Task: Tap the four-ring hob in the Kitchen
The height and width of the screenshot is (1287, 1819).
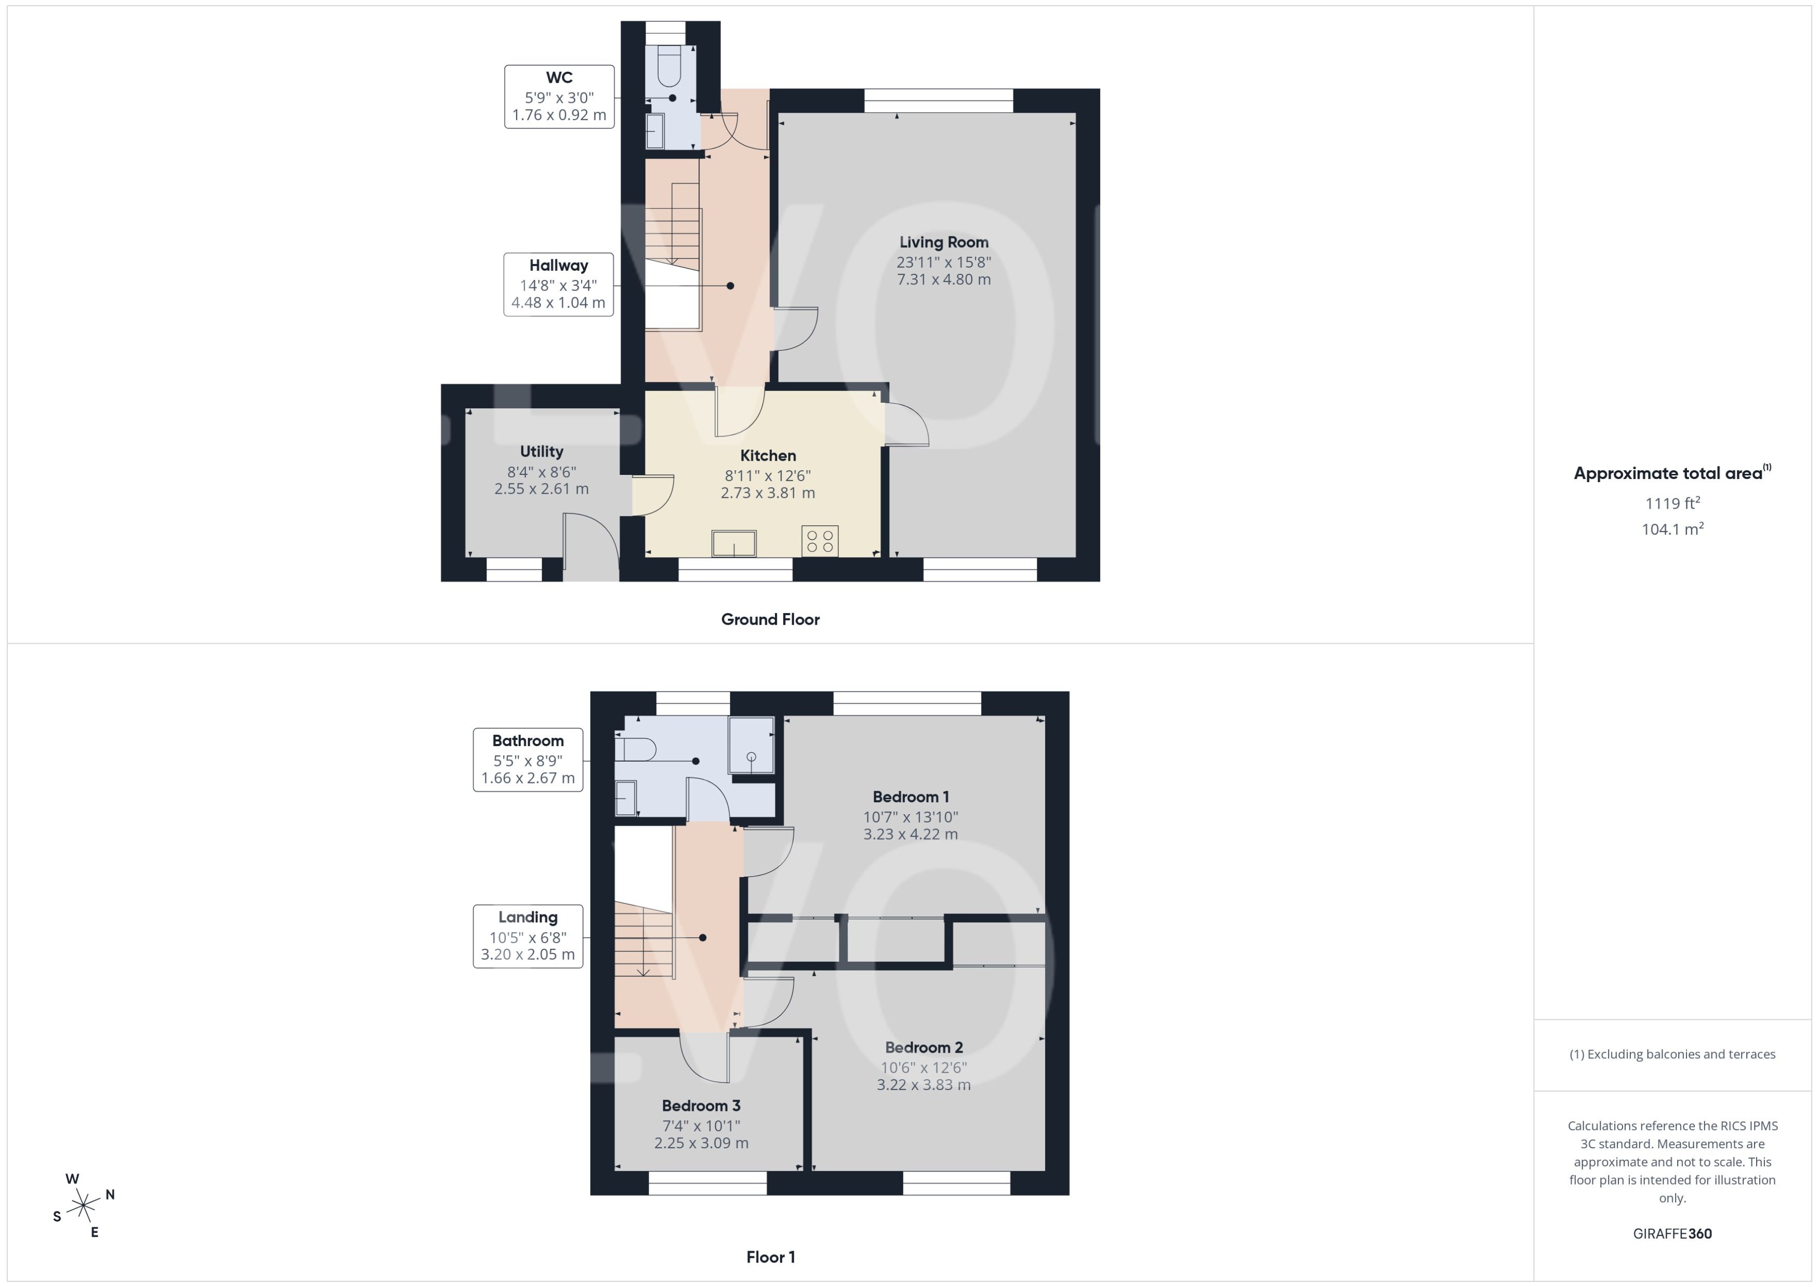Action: pyautogui.click(x=820, y=541)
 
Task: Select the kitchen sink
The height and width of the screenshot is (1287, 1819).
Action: pyautogui.click(x=734, y=543)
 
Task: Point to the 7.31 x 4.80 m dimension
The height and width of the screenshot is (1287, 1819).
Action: pyautogui.click(x=943, y=280)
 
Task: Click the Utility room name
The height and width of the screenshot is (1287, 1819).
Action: pyautogui.click(x=542, y=452)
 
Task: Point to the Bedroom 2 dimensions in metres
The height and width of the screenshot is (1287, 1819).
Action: pyautogui.click(x=924, y=1085)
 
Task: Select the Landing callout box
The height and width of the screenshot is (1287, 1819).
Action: pyautogui.click(x=528, y=936)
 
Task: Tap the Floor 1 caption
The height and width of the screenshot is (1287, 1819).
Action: pyautogui.click(x=770, y=1257)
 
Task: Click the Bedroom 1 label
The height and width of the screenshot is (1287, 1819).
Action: pyautogui.click(x=911, y=797)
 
